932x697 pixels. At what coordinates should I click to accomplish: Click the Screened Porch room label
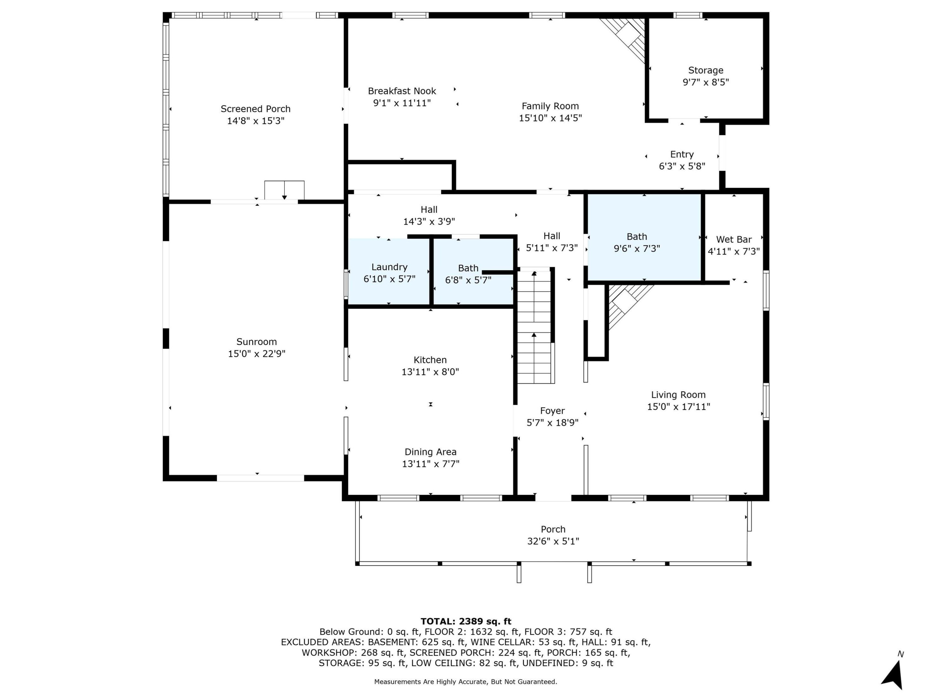pos(255,109)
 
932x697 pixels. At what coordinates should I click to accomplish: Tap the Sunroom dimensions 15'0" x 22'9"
pos(257,354)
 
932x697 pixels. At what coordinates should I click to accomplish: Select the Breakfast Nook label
pos(402,91)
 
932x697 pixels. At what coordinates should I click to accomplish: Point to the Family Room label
pos(550,106)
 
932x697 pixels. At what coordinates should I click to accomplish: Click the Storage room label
pos(706,70)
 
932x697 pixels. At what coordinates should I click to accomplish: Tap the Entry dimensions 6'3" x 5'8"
pos(682,166)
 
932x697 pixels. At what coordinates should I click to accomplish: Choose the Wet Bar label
pos(734,239)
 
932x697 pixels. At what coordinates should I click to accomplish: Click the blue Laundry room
pos(389,271)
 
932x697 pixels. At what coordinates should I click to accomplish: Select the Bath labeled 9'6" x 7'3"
pos(644,237)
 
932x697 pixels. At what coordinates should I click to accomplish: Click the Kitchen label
pos(430,360)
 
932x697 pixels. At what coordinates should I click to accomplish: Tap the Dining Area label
pos(431,452)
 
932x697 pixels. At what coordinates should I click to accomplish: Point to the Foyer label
pos(552,411)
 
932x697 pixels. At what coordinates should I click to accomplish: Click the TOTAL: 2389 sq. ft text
pos(466,621)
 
